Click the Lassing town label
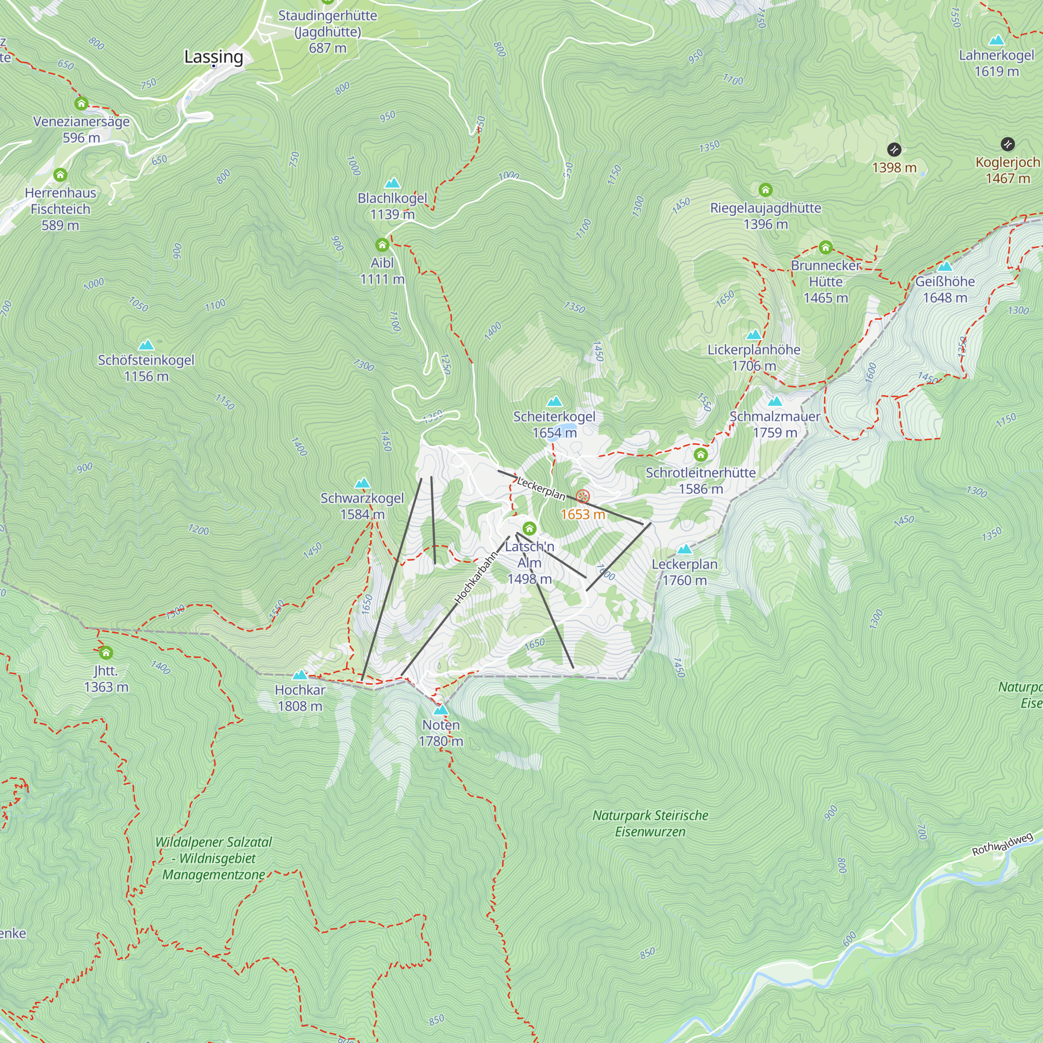(x=213, y=56)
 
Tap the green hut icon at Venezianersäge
(x=81, y=103)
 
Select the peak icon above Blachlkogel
(x=393, y=183)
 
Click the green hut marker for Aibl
(x=382, y=245)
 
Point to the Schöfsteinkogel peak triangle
(x=146, y=345)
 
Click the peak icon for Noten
(x=441, y=709)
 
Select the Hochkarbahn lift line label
(x=476, y=577)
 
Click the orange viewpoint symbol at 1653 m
(x=583, y=496)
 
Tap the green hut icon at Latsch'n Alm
(x=530, y=528)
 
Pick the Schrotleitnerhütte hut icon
(x=701, y=455)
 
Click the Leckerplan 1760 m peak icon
(x=685, y=549)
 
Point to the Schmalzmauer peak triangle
(x=775, y=401)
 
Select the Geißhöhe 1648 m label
(x=945, y=289)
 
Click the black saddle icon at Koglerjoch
(x=1008, y=144)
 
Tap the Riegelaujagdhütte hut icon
(x=766, y=190)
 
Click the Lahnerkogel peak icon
(x=996, y=40)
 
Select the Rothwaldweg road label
(x=1002, y=844)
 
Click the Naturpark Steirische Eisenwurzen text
(x=650, y=823)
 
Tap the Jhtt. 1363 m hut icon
(x=106, y=653)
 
